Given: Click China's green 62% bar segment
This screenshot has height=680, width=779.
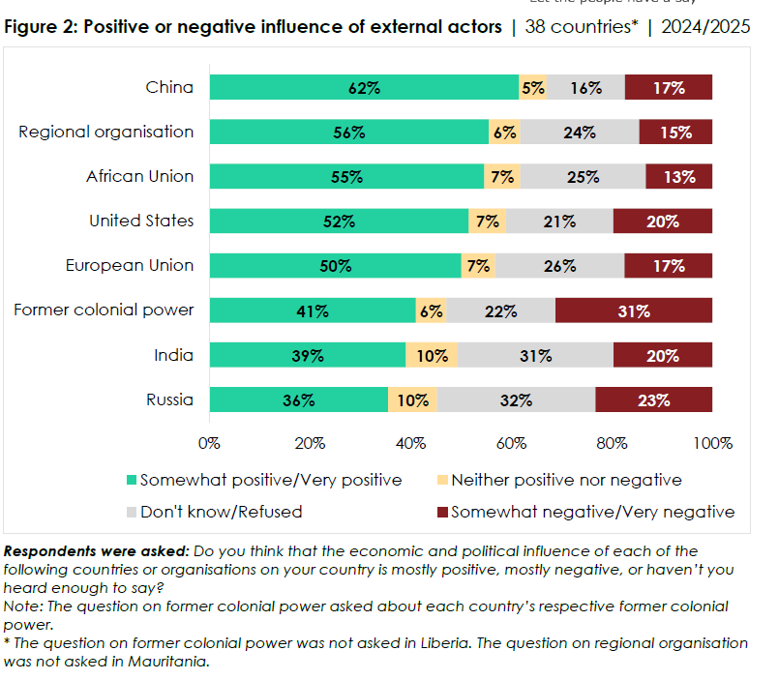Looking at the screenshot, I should tap(364, 87).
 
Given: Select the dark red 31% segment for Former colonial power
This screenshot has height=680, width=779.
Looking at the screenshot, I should tap(634, 310).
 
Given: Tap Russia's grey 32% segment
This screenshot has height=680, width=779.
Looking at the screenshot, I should tap(516, 399).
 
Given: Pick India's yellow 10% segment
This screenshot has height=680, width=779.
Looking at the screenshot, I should tap(431, 355).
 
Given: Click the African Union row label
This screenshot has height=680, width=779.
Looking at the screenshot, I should tap(139, 176).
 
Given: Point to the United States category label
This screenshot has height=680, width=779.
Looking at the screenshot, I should tap(141, 221).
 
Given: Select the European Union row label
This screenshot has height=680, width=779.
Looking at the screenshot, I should tap(130, 265).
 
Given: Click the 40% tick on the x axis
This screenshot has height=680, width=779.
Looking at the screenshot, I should tap(411, 443).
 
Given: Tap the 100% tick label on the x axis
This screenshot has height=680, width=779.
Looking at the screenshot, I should tap(713, 443).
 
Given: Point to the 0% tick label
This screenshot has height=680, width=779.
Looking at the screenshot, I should tap(209, 443).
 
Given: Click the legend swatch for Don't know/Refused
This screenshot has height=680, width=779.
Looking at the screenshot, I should tap(132, 512).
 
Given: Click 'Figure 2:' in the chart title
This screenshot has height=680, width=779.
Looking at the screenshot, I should tap(41, 26).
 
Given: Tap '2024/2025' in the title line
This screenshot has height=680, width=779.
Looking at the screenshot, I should tap(692, 26).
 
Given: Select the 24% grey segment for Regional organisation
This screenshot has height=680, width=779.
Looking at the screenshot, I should tap(578, 132).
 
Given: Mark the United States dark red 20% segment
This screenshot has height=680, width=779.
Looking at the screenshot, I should tap(662, 221).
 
